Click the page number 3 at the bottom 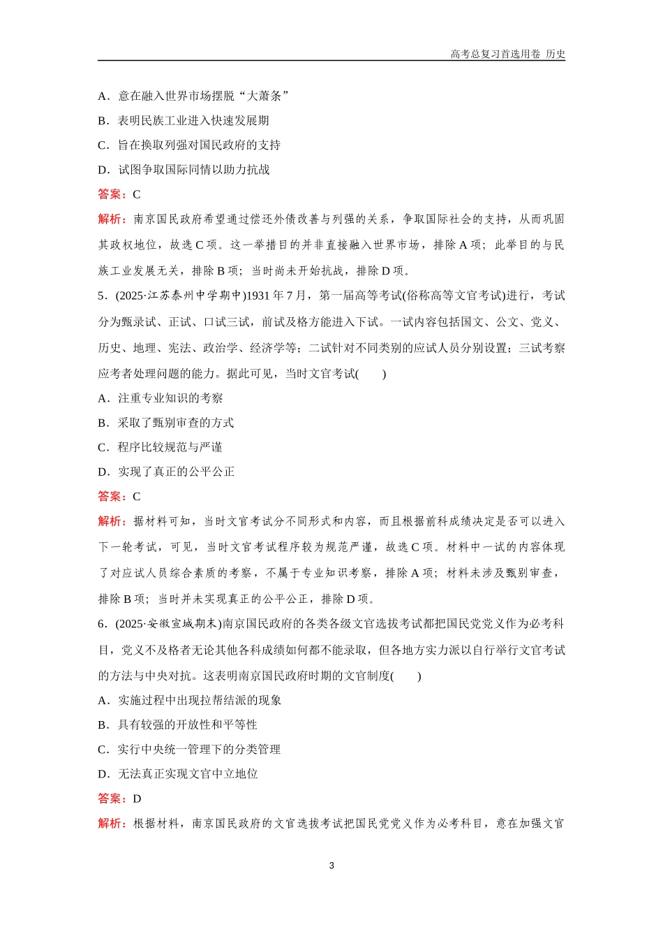331,866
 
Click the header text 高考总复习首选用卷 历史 507,54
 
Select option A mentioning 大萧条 193,96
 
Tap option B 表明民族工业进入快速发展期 183,120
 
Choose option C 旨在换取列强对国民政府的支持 188,145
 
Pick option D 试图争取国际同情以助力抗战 184,169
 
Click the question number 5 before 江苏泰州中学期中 101,296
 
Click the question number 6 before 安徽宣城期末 101,624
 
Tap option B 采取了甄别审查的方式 165,423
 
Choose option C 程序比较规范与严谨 160,447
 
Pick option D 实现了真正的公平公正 165,472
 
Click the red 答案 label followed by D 112,799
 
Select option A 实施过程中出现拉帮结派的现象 189,700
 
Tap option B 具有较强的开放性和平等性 177,725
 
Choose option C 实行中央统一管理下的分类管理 188,749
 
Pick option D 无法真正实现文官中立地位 177,773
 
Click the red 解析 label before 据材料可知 112,521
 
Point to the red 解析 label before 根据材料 112,824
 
